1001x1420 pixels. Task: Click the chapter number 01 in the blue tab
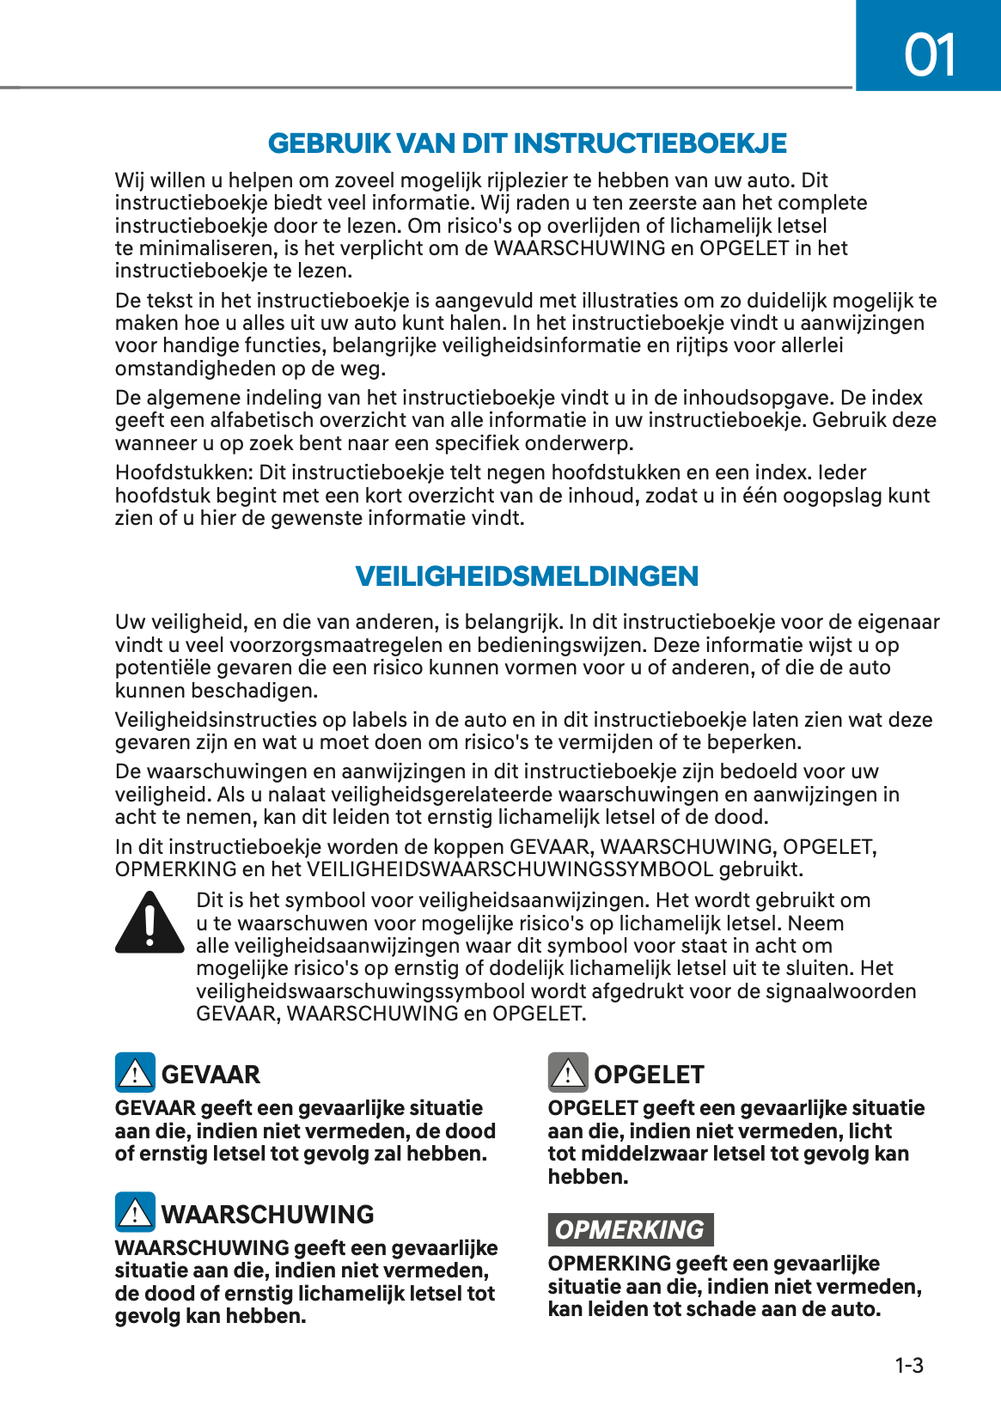coord(930,56)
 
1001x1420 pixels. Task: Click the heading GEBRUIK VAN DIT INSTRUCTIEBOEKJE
coord(527,143)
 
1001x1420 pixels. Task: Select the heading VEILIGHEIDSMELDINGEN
coord(527,576)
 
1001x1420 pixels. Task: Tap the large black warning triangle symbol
coord(150,923)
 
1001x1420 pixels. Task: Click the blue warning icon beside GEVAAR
coord(135,1072)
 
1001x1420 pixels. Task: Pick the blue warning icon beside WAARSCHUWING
coord(135,1212)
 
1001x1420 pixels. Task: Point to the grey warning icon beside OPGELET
coord(568,1072)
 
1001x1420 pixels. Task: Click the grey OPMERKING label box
coord(630,1229)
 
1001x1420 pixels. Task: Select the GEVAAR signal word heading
coord(211,1075)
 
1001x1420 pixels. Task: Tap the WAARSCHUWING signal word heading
coord(268,1215)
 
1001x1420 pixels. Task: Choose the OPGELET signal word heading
coord(649,1075)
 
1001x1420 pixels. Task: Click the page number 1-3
coord(909,1366)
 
